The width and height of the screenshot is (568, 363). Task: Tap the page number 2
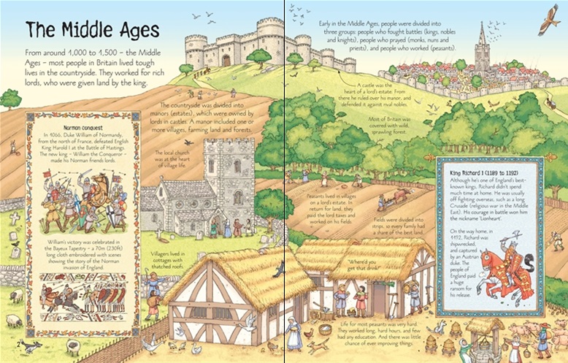16,342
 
